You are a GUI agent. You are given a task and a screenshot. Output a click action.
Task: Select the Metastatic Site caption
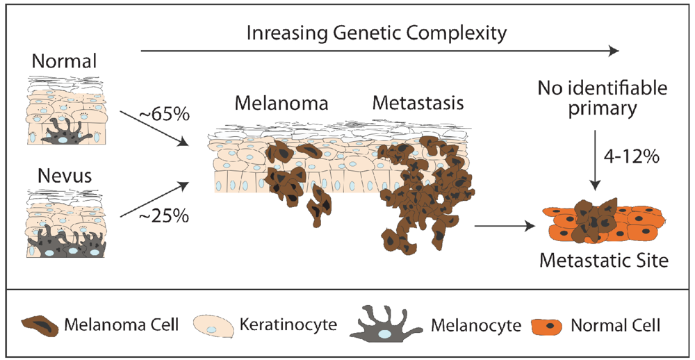click(603, 261)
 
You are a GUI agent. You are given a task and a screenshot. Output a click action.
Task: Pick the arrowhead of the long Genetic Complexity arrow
click(612, 51)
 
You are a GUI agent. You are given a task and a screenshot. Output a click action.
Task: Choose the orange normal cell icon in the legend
click(548, 325)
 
